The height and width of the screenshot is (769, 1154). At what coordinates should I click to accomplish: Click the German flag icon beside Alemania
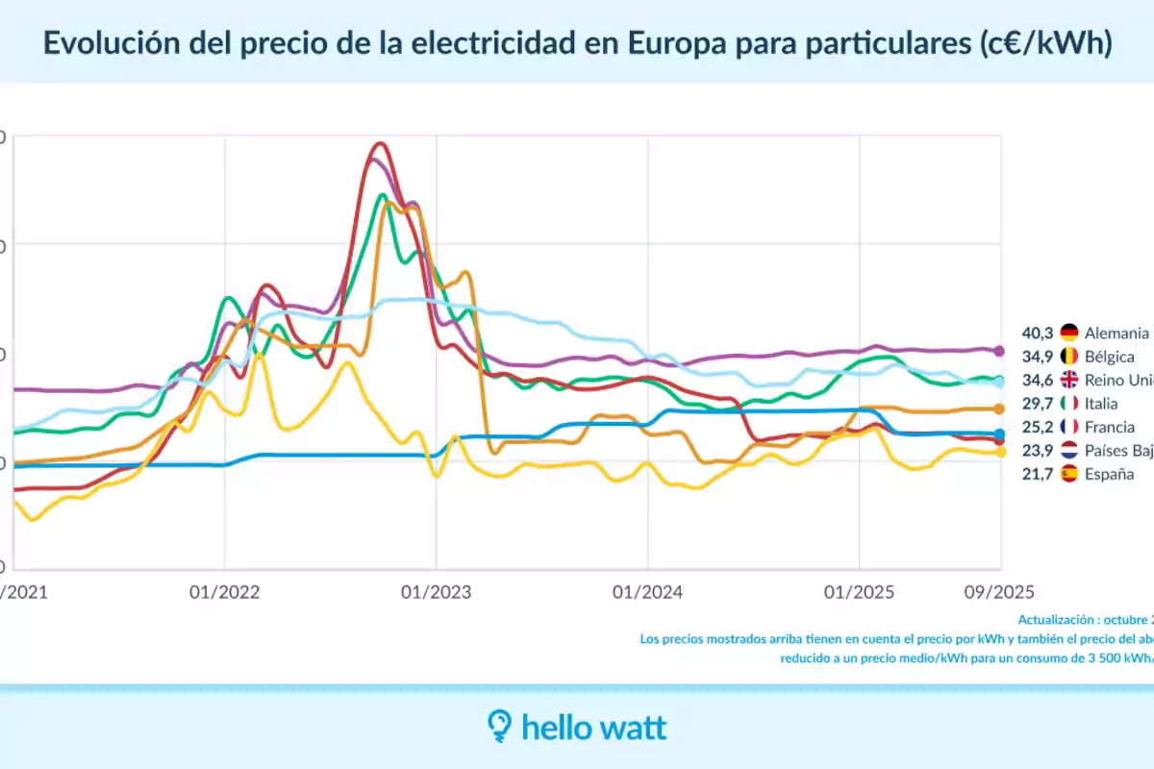(1069, 334)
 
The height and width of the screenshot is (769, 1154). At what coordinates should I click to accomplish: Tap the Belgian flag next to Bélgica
(1069, 357)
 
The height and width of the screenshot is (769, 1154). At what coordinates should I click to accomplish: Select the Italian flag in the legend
(1069, 404)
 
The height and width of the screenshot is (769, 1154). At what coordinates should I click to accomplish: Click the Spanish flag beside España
(1069, 474)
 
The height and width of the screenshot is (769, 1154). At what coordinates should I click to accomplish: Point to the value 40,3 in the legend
(1038, 334)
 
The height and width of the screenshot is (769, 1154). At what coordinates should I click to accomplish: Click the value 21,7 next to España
(1038, 474)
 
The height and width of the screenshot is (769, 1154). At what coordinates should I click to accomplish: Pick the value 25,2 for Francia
(1038, 427)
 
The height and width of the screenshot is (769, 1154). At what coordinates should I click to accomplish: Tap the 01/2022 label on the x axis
(225, 592)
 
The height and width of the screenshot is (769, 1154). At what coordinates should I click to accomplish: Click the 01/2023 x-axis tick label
(437, 592)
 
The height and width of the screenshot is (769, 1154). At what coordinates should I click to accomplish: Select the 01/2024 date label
(647, 592)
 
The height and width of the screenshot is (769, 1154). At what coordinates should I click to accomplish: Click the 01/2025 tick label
(859, 592)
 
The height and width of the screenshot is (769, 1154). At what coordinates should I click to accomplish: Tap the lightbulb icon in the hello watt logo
(499, 727)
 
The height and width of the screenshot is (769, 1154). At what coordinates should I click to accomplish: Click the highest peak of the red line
(381, 144)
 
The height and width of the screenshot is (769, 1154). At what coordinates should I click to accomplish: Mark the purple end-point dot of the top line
(999, 351)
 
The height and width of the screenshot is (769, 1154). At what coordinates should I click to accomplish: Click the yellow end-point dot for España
(999, 452)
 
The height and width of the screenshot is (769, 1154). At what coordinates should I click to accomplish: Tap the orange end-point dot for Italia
(999, 409)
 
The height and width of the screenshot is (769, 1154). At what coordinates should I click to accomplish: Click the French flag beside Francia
(1069, 427)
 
